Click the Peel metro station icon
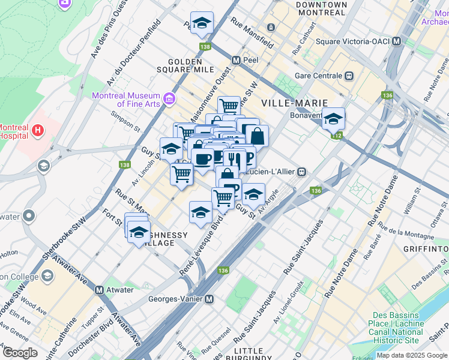tap(237, 61)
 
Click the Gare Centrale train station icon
tap(348, 76)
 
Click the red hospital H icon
tap(38, 129)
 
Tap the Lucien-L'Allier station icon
tap(302, 172)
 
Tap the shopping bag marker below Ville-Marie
tap(256, 136)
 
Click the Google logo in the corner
tap(20, 353)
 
